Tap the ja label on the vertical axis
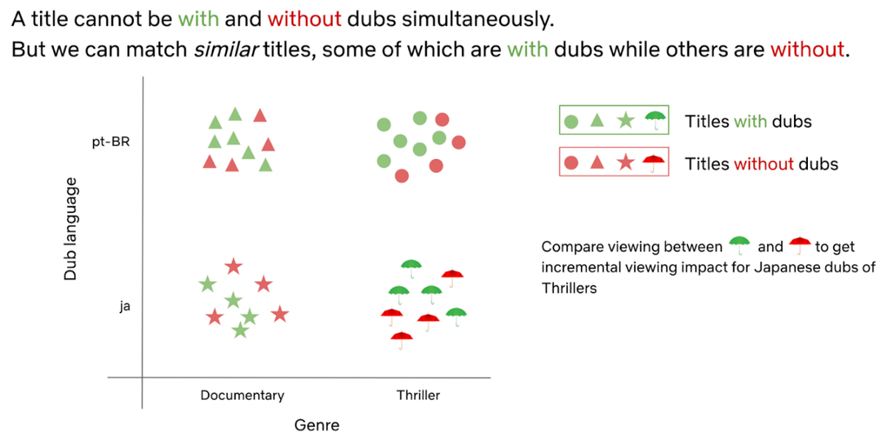click(125, 305)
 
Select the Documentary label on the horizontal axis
click(242, 395)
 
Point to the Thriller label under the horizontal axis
click(418, 395)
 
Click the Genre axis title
click(316, 424)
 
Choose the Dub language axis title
click(71, 229)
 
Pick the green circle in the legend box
click(571, 121)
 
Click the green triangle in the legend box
click(598, 121)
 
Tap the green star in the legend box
click(625, 121)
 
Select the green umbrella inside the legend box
click(655, 119)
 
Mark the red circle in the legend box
click(571, 163)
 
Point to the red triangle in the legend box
click(598, 163)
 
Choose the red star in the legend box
click(625, 163)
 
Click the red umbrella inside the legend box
click(653, 162)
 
